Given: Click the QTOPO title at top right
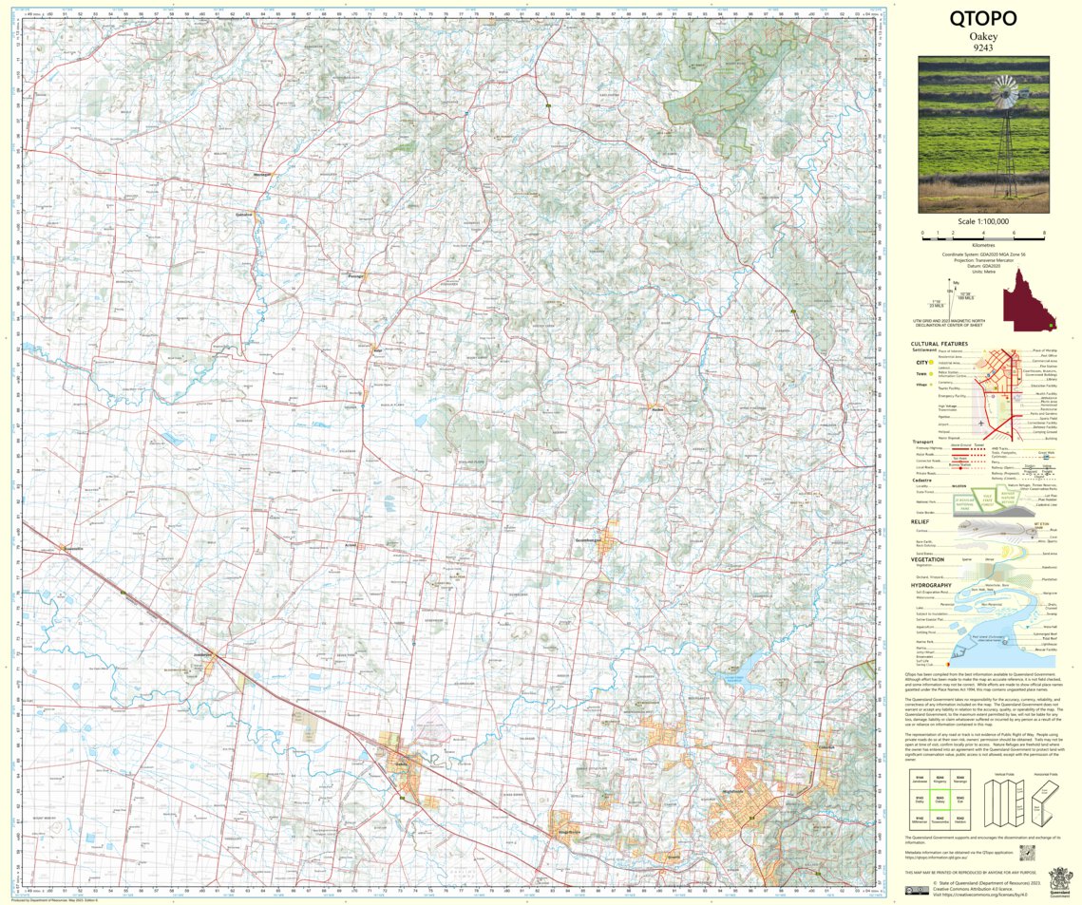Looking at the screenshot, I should pyautogui.click(x=983, y=18).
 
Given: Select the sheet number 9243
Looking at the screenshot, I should pyautogui.click(x=983, y=47).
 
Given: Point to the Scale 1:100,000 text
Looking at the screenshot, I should pyautogui.click(x=983, y=221).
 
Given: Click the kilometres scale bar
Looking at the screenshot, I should pyautogui.click(x=983, y=234).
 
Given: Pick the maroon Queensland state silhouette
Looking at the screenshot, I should pyautogui.click(x=1031, y=299).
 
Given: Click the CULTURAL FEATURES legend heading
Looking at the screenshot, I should pyautogui.click(x=940, y=344).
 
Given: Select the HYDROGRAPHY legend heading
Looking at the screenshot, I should pyautogui.click(x=937, y=585).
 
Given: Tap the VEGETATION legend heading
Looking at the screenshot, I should pyautogui.click(x=935, y=558).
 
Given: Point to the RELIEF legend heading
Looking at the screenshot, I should pyautogui.click(x=921, y=521).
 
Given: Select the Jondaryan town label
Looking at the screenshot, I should pyautogui.click(x=206, y=655).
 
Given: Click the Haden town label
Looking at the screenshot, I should pyautogui.click(x=656, y=408).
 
